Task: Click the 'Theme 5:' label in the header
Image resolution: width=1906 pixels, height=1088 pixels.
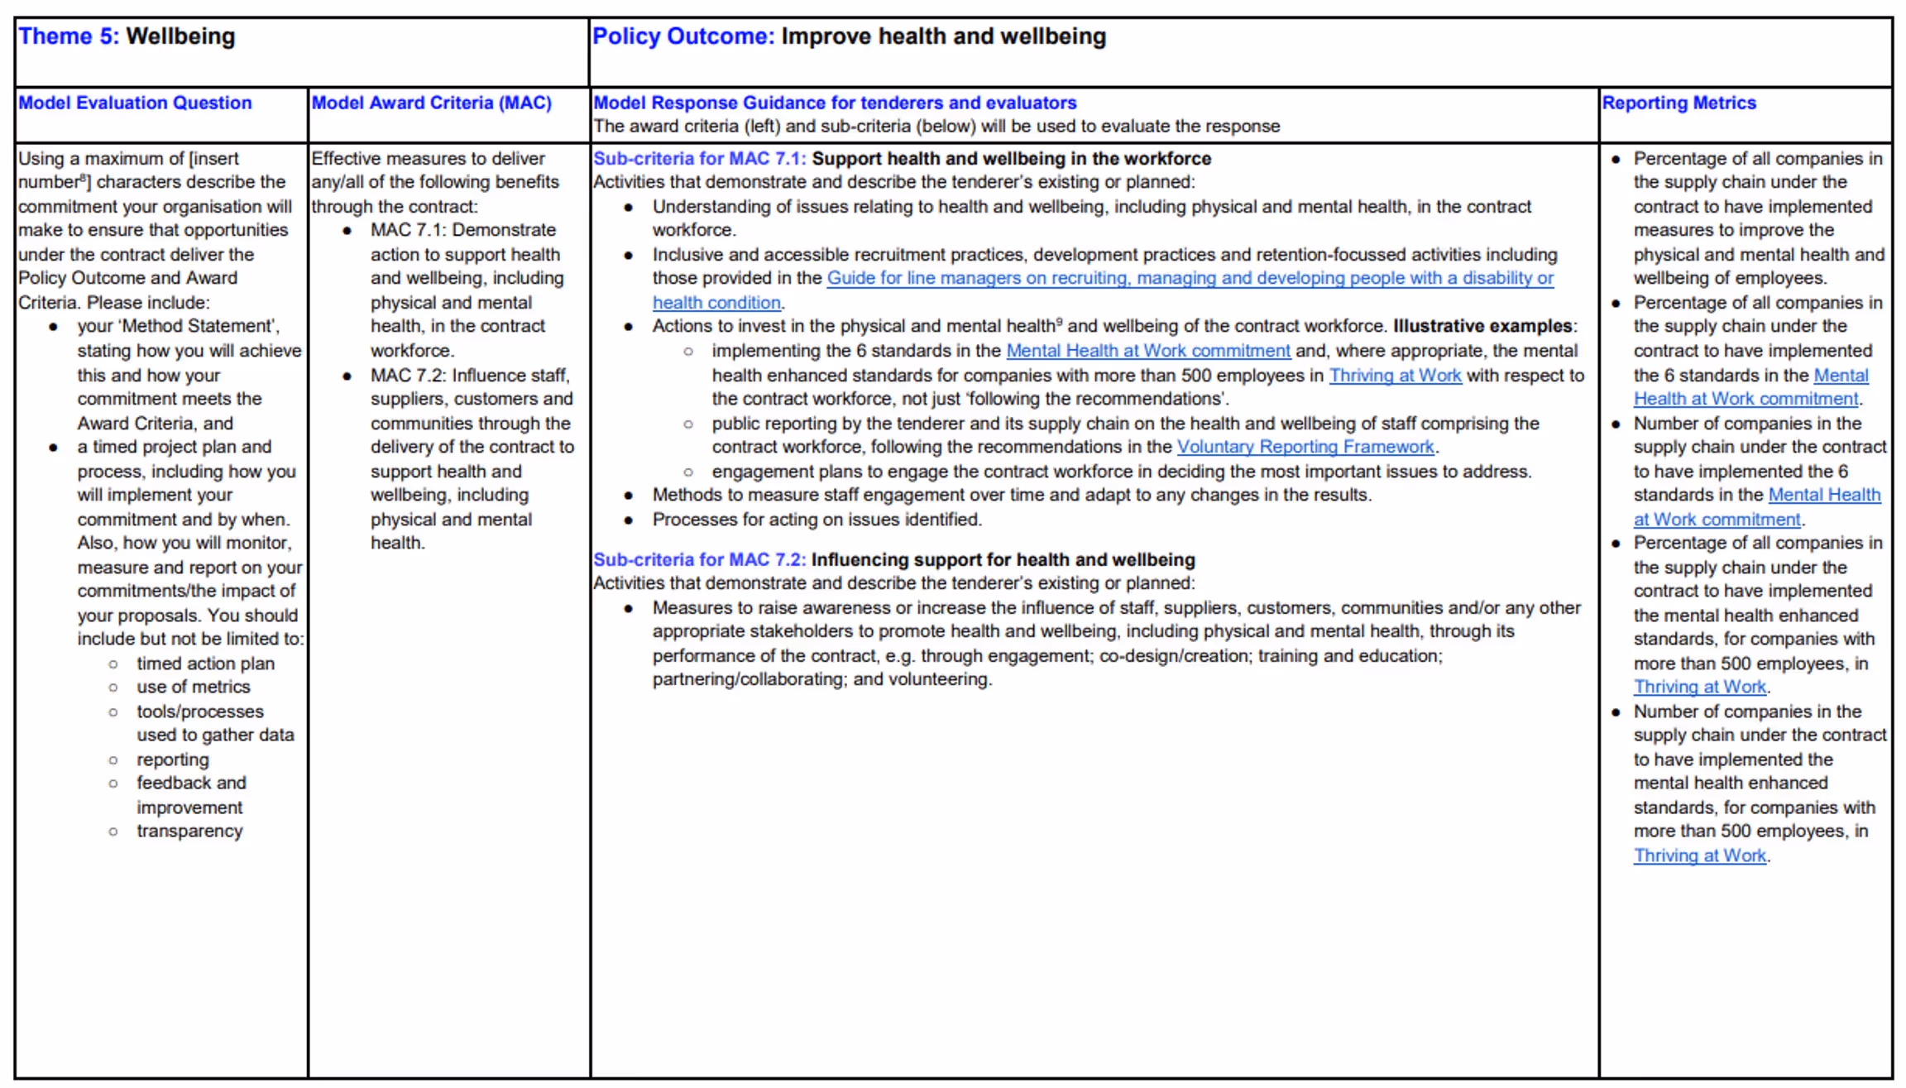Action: pos(69,37)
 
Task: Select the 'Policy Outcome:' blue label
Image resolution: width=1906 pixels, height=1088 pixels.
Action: pos(683,37)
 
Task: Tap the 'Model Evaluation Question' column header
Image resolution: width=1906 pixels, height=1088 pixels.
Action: pos(135,103)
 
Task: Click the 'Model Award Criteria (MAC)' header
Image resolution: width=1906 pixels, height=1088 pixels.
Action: pos(431,103)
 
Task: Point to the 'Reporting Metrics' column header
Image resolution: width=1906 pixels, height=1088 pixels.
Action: pos(1679,103)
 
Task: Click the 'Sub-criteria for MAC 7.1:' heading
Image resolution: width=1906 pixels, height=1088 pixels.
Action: pos(699,159)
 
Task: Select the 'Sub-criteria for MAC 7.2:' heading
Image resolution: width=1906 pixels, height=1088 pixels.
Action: pos(699,560)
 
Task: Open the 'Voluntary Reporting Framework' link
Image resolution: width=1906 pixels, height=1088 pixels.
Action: pos(1305,448)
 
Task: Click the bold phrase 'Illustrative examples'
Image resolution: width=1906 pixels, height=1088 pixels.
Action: pos(1482,327)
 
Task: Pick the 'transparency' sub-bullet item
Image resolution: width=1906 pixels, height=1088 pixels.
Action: pos(189,832)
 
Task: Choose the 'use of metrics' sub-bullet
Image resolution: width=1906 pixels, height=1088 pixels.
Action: pos(193,688)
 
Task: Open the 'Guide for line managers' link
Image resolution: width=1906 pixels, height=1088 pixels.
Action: pos(1190,279)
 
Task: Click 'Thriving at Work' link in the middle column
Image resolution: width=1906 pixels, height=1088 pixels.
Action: pos(1395,376)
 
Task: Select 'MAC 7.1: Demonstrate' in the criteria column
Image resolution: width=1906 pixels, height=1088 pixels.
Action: pos(462,231)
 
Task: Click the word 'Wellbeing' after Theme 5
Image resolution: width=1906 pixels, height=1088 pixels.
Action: pos(180,37)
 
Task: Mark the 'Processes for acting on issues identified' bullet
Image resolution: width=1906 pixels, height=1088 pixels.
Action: pos(817,520)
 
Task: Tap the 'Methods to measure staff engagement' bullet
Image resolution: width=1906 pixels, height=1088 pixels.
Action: pos(1011,496)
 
